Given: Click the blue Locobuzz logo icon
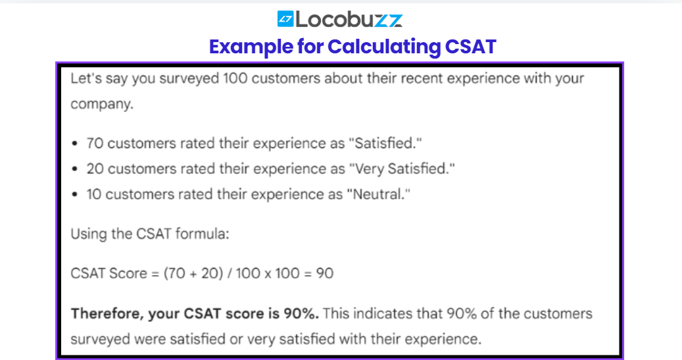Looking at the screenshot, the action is (285, 18).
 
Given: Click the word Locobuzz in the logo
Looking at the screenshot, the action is (349, 19).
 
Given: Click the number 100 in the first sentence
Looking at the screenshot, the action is (235, 78).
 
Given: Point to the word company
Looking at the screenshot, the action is (102, 105).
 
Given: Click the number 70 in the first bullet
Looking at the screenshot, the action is (95, 143).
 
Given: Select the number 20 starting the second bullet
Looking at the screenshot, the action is (95, 169).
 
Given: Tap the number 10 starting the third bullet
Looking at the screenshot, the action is (94, 194).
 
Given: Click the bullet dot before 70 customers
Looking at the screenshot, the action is (75, 143).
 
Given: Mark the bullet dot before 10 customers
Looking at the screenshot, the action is (75, 194).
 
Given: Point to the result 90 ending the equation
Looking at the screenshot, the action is (324, 273).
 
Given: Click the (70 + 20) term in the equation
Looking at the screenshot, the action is (193, 273).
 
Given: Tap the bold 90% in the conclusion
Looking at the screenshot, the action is (301, 314).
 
